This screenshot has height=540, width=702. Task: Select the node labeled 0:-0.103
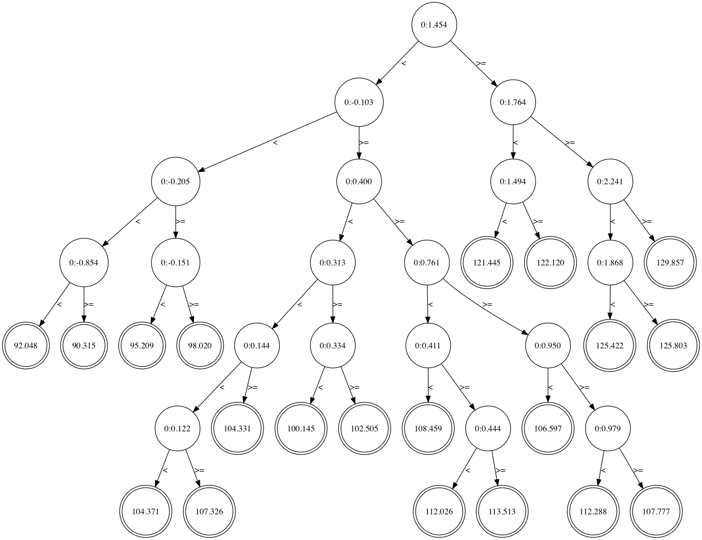[359, 102]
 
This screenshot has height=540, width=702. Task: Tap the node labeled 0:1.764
[513, 102]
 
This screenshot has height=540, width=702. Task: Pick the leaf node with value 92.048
[26, 345]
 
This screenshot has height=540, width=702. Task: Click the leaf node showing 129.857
[670, 263]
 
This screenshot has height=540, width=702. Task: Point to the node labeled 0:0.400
[359, 182]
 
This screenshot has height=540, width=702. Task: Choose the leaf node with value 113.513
[502, 512]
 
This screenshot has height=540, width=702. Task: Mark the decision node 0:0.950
[548, 345]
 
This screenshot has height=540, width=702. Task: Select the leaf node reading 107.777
[657, 512]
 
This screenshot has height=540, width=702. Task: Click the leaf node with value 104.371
[145, 512]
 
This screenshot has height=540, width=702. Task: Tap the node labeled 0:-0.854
[83, 263]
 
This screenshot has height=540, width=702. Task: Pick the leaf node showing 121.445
[487, 263]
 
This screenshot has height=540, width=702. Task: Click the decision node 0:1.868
[610, 263]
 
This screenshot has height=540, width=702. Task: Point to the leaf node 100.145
[301, 429]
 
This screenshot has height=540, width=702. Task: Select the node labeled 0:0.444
[488, 429]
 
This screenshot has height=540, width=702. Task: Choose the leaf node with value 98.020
[200, 345]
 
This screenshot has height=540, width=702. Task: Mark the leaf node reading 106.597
[548, 429]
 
